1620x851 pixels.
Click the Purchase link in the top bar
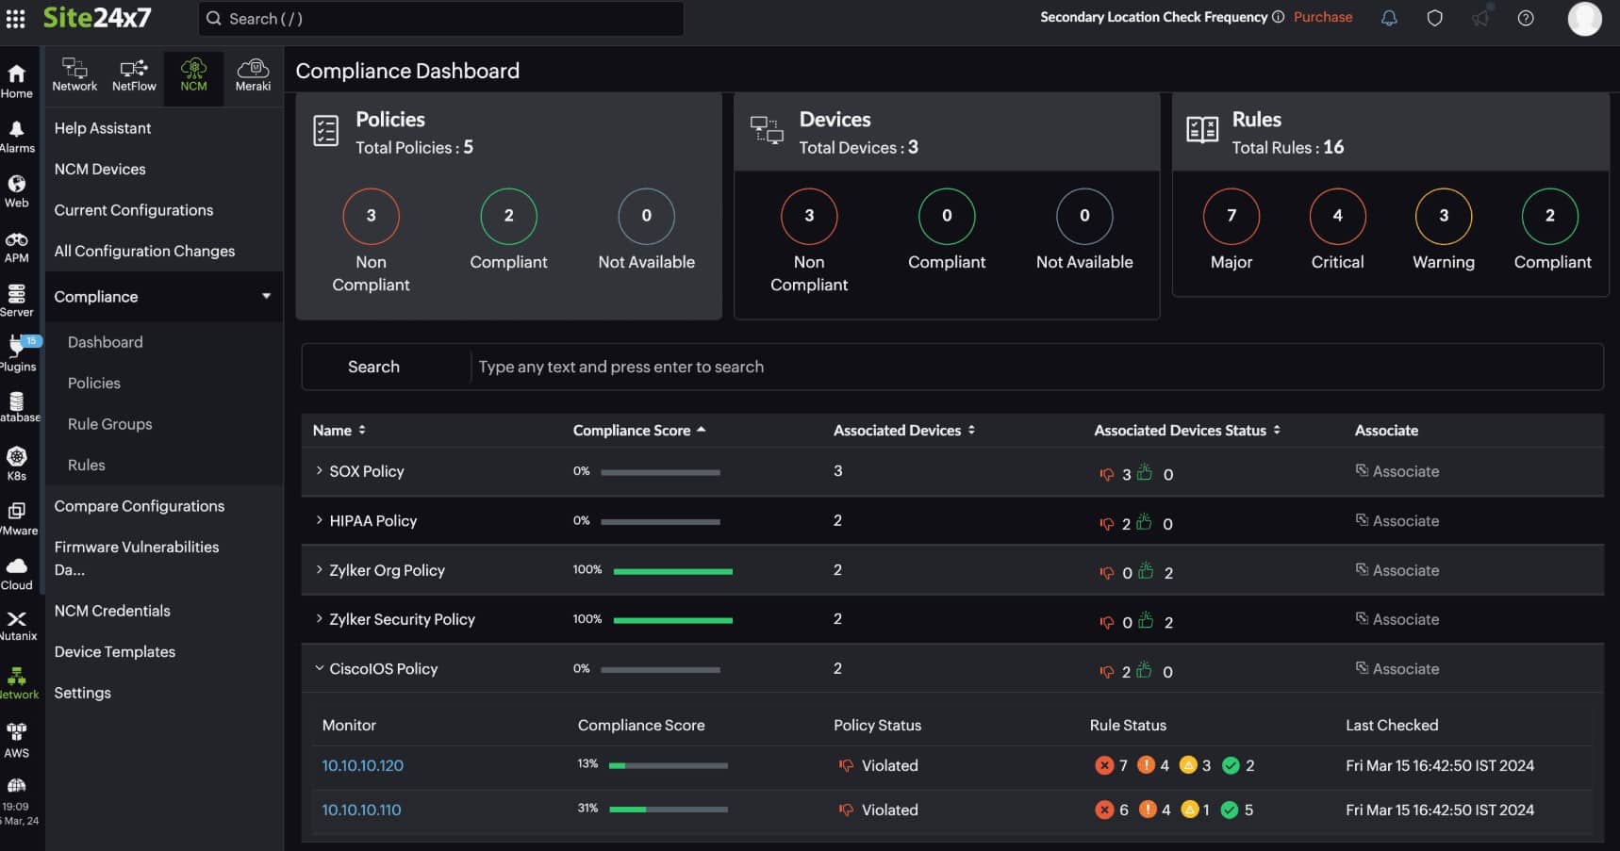[1322, 17]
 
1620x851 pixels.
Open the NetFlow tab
[134, 75]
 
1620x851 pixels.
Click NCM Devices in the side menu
[100, 170]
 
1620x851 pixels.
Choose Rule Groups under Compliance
[109, 424]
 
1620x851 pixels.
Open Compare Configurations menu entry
[140, 506]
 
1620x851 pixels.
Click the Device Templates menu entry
[115, 652]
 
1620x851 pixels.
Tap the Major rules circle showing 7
[1231, 216]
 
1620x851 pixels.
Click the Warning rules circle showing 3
[1443, 216]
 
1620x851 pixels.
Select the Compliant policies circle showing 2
[508, 216]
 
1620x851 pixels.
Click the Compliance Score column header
[632, 431]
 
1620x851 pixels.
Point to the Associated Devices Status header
[1180, 431]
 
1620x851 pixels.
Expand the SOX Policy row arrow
[320, 471]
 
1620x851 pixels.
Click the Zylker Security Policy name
[402, 619]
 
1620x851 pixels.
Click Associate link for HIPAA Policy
[1405, 521]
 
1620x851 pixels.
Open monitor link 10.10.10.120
[363, 766]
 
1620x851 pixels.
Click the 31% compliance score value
[587, 809]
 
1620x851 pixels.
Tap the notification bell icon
[1389, 18]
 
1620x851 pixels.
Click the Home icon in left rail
[17, 80]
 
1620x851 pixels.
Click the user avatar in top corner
[1584, 19]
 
